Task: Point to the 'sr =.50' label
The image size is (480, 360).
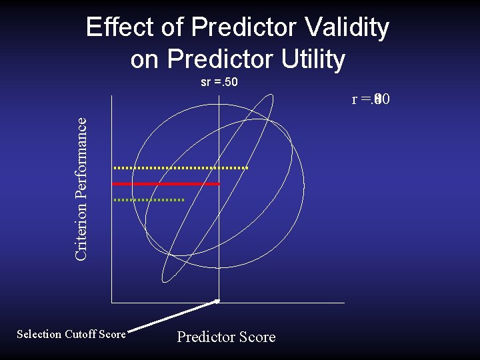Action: click(x=219, y=83)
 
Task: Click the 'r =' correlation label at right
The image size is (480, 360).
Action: click(x=371, y=100)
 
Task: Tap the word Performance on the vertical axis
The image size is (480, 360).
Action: click(x=81, y=155)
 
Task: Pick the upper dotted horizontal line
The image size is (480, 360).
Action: click(x=180, y=168)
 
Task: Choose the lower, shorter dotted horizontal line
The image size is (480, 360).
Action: click(x=148, y=199)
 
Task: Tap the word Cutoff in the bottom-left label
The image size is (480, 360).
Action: click(x=79, y=335)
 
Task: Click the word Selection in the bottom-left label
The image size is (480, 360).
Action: click(x=39, y=335)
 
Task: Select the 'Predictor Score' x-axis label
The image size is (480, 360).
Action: click(x=226, y=337)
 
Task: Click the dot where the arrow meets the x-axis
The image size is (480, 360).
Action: click(x=217, y=301)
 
